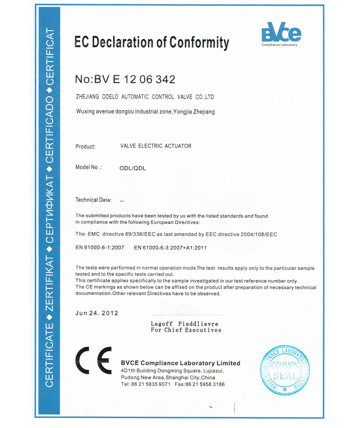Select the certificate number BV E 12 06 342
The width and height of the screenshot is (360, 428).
point(135,79)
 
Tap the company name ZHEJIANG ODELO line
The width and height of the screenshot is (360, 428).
point(145,97)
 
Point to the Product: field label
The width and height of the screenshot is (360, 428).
point(85,147)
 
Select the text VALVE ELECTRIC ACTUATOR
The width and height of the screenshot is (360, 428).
point(156,146)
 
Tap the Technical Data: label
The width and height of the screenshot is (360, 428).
point(94,200)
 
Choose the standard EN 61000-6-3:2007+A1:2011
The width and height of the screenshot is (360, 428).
point(170,248)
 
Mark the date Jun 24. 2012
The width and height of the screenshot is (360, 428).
point(96,313)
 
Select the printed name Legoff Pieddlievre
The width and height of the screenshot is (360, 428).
point(185,324)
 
